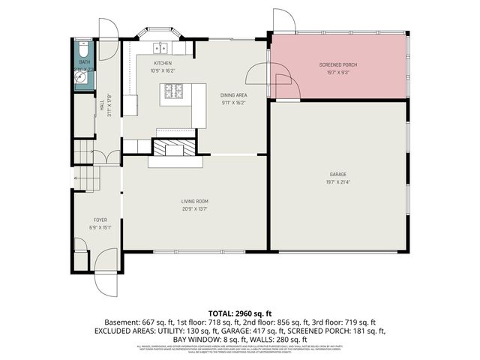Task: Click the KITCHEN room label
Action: (x=163, y=64)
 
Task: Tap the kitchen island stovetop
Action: (x=173, y=92)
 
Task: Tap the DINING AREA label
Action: (x=233, y=95)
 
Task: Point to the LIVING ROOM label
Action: (x=194, y=201)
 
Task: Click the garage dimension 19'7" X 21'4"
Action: (x=340, y=181)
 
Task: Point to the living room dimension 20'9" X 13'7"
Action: (x=194, y=209)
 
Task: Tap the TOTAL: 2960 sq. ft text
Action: (x=239, y=313)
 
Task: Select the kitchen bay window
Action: (x=160, y=37)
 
